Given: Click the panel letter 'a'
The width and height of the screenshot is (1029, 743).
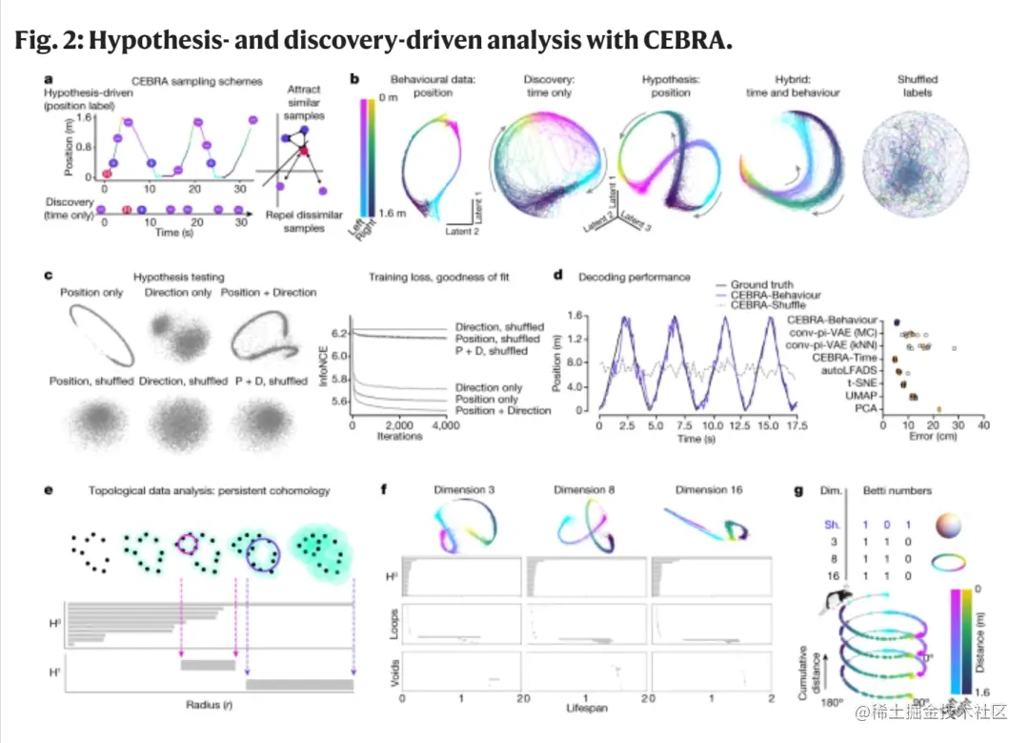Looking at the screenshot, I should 49,80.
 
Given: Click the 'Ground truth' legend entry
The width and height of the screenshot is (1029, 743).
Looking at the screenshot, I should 762,284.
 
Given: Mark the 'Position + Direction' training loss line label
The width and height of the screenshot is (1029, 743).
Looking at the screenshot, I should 502,410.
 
